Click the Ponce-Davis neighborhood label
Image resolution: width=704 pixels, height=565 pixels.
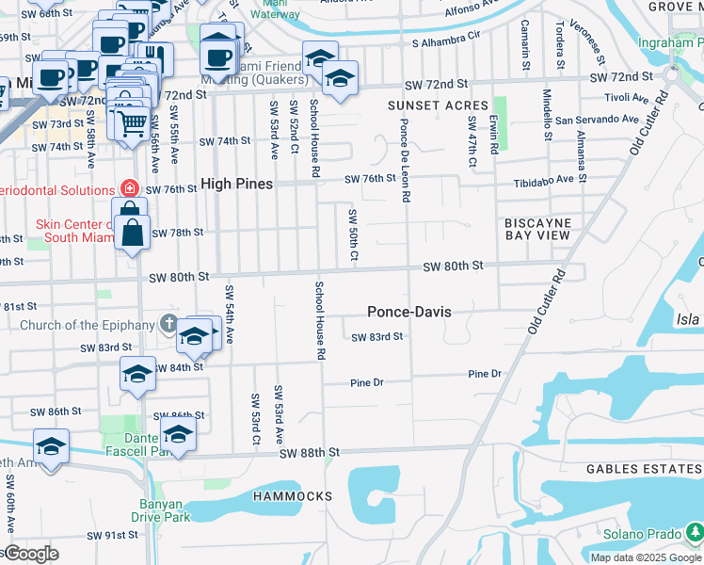point(408,312)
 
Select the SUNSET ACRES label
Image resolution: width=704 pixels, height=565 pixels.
point(438,105)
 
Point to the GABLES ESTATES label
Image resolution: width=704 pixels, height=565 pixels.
point(644,469)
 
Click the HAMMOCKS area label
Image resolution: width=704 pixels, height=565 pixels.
point(293,496)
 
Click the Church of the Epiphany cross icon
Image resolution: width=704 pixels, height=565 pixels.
point(169,325)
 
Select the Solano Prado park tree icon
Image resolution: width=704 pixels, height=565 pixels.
point(694,534)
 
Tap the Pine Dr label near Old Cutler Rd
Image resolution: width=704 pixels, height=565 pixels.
point(485,375)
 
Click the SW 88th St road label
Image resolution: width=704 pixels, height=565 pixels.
point(308,453)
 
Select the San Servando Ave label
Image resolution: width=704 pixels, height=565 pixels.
point(597,120)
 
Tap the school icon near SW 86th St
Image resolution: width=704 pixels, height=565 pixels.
point(177,433)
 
